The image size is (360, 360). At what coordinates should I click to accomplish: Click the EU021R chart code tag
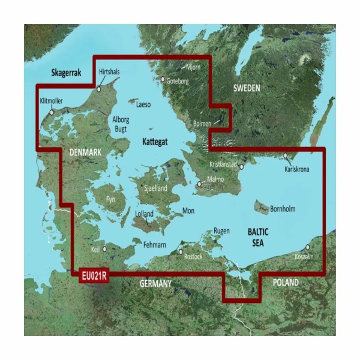pos(92,275)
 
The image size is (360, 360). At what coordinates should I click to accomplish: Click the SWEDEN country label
pos(246,88)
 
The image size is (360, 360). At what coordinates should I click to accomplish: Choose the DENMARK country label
pos(85,153)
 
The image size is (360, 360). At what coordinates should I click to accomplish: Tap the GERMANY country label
pos(155,283)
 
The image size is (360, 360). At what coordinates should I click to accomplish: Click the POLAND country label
pos(286,282)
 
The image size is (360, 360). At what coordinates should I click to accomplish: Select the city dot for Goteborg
pos(162,79)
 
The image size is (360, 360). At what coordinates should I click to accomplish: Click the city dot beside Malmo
pos(200,185)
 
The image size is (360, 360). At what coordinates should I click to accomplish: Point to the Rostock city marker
pos(181,252)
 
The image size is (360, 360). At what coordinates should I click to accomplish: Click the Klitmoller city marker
pos(52,112)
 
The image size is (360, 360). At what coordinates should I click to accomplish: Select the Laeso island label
pos(143,104)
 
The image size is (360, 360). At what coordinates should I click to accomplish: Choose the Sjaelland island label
pos(153,188)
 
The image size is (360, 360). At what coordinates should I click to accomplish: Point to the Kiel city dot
pos(106,248)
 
